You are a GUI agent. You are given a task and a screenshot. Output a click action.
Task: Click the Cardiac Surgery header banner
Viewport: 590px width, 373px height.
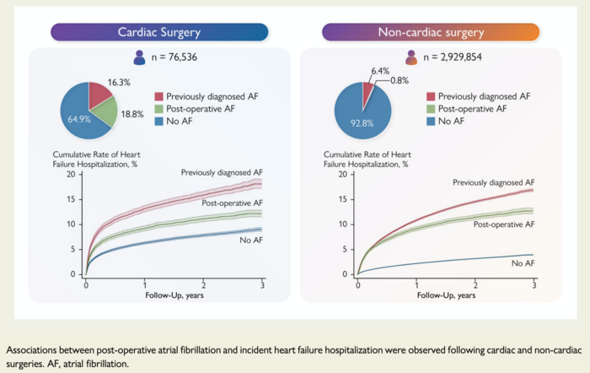pyautogui.click(x=159, y=32)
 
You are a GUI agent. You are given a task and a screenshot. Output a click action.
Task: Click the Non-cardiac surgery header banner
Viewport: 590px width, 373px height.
pyautogui.click(x=431, y=32)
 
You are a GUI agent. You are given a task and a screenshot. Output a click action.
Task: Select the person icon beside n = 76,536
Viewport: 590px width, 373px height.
pyautogui.click(x=139, y=58)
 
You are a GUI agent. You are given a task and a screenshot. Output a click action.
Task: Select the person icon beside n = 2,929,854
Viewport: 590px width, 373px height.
pyautogui.click(x=410, y=58)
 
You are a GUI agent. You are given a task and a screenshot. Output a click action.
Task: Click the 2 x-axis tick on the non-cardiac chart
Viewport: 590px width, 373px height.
pyautogui.click(x=475, y=284)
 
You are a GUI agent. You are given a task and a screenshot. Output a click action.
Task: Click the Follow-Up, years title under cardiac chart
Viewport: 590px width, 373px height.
pyautogui.click(x=173, y=296)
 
